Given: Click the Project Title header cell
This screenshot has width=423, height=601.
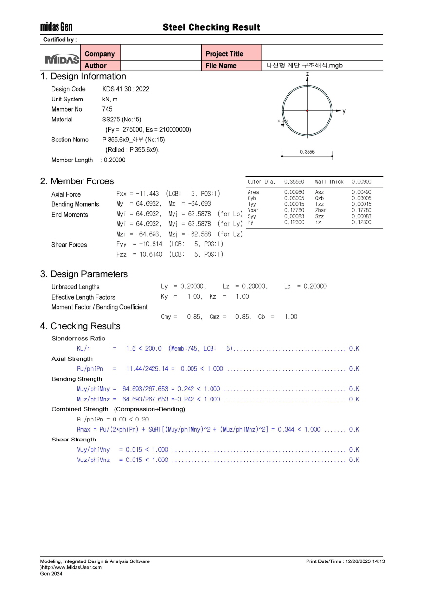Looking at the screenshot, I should click(x=224, y=54).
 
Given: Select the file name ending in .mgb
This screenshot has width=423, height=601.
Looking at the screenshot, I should click(x=305, y=65).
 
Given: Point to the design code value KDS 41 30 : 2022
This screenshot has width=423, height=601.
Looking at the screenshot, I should click(x=126, y=89).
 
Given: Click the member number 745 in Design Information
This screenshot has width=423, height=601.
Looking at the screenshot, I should click(x=107, y=109).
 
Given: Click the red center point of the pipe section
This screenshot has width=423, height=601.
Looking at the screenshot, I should click(x=307, y=111).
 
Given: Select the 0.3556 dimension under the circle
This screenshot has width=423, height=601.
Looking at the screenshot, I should click(x=307, y=152).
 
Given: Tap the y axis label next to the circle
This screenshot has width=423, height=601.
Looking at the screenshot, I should click(x=344, y=111).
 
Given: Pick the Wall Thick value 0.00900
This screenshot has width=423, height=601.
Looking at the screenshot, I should click(x=361, y=182).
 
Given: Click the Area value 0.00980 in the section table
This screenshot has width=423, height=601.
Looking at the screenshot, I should click(x=294, y=192).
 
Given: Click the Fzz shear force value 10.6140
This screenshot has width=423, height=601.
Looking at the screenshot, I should click(x=151, y=254).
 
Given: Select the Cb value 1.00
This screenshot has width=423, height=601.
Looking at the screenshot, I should click(x=290, y=317).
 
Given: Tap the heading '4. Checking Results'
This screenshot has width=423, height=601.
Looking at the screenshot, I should click(x=80, y=326).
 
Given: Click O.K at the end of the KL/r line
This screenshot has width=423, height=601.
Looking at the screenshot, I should click(x=354, y=348).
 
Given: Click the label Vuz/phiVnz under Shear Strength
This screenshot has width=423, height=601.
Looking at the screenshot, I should click(x=94, y=460).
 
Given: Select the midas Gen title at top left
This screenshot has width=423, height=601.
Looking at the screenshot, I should click(x=56, y=27).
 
